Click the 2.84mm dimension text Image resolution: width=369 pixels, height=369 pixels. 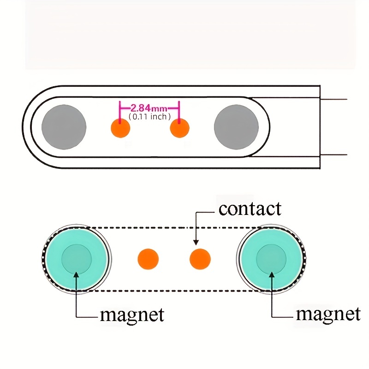[149, 108]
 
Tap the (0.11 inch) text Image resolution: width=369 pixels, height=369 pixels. [149, 117]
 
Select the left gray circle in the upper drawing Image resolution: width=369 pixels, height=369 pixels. [64, 127]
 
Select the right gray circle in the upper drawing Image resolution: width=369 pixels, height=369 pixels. [236, 127]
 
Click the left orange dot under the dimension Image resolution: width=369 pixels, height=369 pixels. [120, 128]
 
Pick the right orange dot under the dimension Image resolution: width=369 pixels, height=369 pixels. [179, 128]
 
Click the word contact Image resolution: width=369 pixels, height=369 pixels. [250, 209]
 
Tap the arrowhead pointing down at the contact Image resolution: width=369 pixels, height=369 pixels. [196, 243]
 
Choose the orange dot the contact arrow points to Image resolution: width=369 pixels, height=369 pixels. [200, 259]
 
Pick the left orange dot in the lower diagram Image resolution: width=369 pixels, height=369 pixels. [148, 259]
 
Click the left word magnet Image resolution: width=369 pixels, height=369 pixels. [132, 315]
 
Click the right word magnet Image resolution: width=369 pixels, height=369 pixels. [328, 314]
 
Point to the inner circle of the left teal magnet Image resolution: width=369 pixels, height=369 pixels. [77, 259]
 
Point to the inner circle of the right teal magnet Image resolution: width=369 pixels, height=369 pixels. [271, 259]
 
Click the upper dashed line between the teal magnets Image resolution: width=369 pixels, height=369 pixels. [174, 228]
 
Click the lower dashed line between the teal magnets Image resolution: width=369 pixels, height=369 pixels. [174, 291]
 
